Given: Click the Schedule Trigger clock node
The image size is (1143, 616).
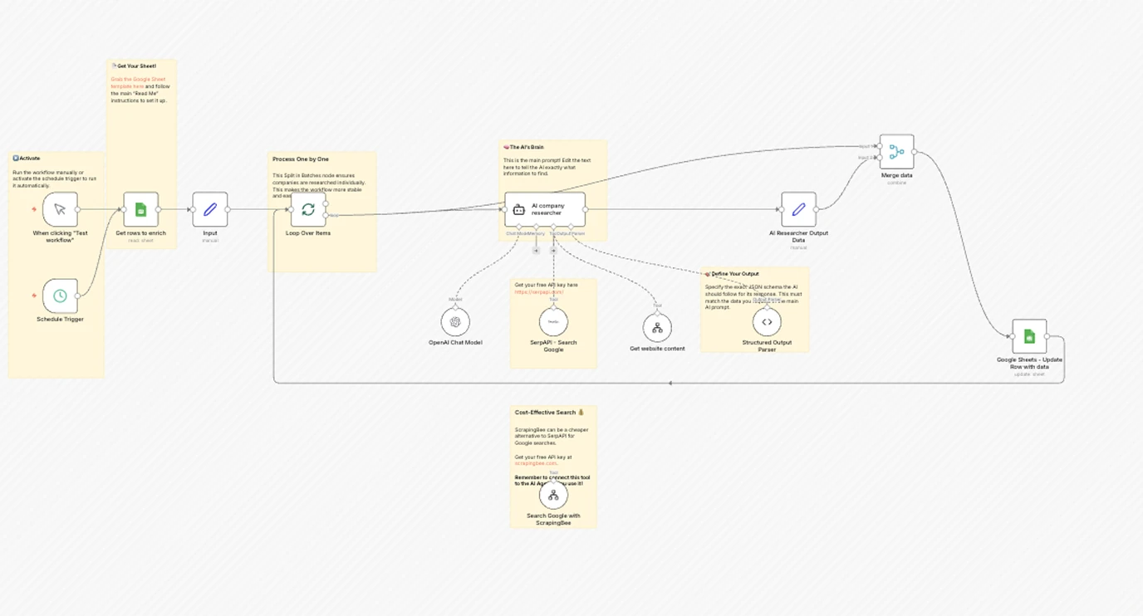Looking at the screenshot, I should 60,296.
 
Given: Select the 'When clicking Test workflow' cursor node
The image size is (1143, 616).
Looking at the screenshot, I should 60,209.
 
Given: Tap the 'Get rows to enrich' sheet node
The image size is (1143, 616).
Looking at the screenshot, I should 140,209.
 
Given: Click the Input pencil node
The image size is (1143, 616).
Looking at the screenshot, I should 210,209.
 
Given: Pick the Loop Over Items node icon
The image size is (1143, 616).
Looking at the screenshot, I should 308,209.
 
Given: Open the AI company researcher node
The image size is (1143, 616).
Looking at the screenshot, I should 545,209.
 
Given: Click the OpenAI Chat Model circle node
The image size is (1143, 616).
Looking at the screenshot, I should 455,322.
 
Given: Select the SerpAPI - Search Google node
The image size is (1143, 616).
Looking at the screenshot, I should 553,322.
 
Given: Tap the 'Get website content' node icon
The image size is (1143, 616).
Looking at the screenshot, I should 657,328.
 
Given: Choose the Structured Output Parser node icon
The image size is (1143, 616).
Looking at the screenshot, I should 767,322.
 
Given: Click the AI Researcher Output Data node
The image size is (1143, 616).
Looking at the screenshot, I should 798,209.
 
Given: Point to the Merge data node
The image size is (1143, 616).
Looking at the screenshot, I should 896,152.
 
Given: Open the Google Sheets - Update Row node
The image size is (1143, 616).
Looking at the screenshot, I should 1029,336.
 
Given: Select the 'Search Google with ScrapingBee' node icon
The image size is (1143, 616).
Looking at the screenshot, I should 553,496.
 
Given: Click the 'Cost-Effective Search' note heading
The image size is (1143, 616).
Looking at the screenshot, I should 546,413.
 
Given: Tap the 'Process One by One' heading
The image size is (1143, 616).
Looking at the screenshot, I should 301,159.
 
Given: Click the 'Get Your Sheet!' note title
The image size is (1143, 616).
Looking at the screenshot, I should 136,66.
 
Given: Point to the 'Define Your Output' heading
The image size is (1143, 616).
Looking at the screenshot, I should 734,274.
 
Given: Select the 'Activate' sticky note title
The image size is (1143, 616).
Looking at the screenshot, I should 29,159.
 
